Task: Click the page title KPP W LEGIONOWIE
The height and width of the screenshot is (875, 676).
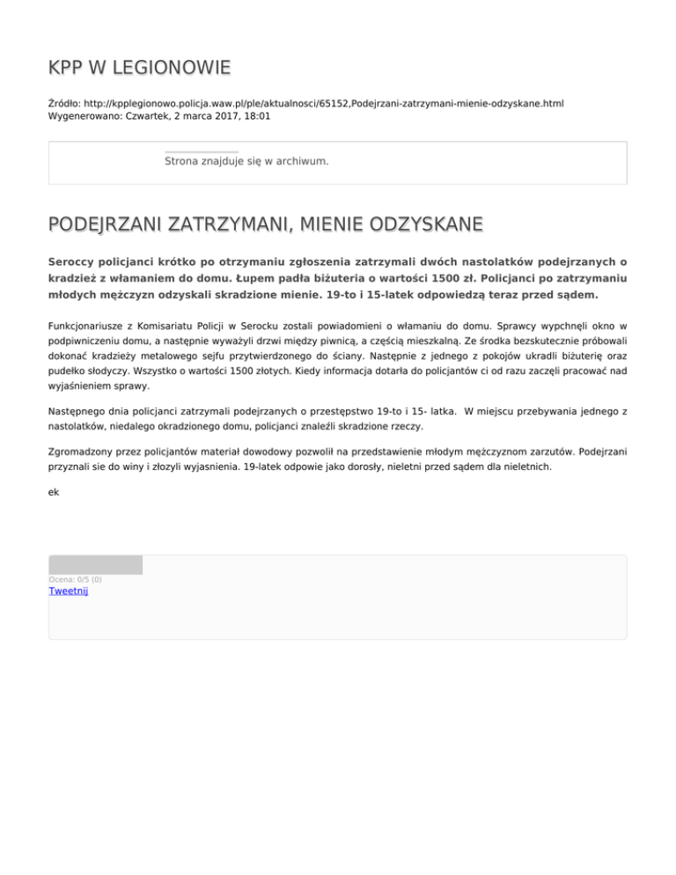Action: [x=139, y=67]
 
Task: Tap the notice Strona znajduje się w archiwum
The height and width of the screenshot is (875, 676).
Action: [x=246, y=162]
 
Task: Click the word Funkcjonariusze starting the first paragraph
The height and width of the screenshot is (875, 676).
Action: [x=91, y=326]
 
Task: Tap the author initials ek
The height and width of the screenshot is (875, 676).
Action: [x=54, y=492]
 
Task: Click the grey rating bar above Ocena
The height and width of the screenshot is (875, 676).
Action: [x=95, y=564]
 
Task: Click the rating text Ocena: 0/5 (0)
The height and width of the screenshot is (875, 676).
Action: [x=75, y=579]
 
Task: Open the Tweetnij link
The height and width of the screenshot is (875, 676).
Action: [x=68, y=591]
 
